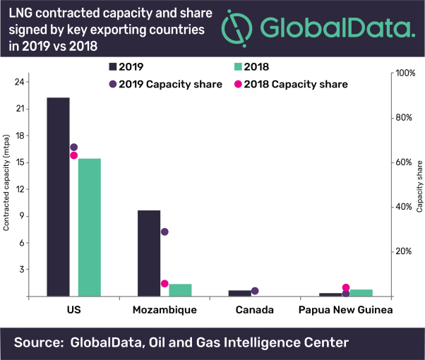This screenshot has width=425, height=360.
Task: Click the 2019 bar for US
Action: (x=58, y=197)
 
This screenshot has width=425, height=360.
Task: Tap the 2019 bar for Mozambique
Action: (x=148, y=253)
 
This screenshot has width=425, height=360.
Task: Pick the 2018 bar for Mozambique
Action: (x=180, y=290)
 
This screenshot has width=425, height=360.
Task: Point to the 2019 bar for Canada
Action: (x=239, y=293)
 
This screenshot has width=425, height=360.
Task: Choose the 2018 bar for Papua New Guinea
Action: (x=361, y=292)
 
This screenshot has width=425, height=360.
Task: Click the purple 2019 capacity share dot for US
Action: (x=74, y=148)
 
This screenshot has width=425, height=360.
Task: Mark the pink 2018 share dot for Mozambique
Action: (x=164, y=284)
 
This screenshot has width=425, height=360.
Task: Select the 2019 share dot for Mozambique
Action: (x=164, y=232)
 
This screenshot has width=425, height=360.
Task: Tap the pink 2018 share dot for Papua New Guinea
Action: (x=346, y=287)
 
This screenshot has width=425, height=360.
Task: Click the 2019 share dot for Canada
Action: (x=255, y=291)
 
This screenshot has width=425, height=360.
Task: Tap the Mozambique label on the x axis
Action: (x=164, y=310)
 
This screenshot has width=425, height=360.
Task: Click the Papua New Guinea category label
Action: (x=345, y=310)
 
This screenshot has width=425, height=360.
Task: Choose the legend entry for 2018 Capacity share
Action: (x=304, y=84)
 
